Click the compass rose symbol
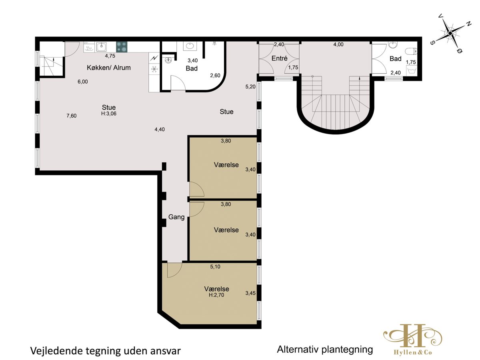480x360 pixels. pyautogui.click(x=450, y=33)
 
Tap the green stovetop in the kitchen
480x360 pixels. pyautogui.click(x=122, y=47)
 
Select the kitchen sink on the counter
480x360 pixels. pyautogui.click(x=101, y=47)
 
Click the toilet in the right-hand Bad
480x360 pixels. pyautogui.click(x=411, y=52)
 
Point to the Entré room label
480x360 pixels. pyautogui.click(x=279, y=58)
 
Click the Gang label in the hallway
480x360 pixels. pyautogui.click(x=176, y=217)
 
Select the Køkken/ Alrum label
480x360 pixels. pyautogui.click(x=109, y=68)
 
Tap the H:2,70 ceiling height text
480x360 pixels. pyautogui.click(x=216, y=295)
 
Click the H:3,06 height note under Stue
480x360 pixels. pyautogui.click(x=109, y=114)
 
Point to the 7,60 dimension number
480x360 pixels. pyautogui.click(x=72, y=116)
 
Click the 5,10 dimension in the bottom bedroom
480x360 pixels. pyautogui.click(x=215, y=267)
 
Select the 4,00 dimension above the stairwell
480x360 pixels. pyautogui.click(x=338, y=44)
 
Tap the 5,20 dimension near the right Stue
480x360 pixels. pyautogui.click(x=250, y=87)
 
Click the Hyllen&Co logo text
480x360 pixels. pyautogui.click(x=413, y=352)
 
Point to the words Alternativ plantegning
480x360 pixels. pyautogui.click(x=325, y=350)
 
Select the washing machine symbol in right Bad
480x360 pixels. pyautogui.click(x=412, y=71)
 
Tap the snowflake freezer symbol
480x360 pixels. pyautogui.click(x=154, y=69)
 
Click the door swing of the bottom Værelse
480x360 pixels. pyautogui.click(x=175, y=270)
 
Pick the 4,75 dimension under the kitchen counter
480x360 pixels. pyautogui.click(x=110, y=56)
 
